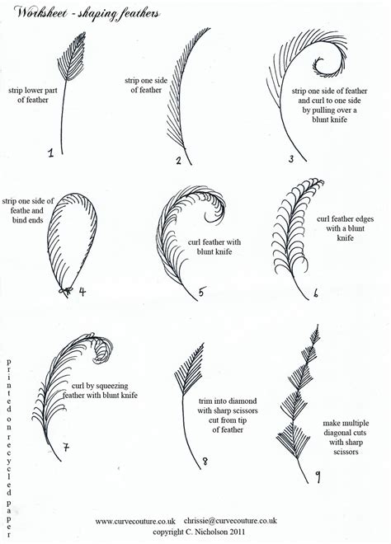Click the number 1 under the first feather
(50, 152)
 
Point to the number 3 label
(290, 157)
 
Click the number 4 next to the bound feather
(82, 291)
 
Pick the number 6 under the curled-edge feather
(316, 291)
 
